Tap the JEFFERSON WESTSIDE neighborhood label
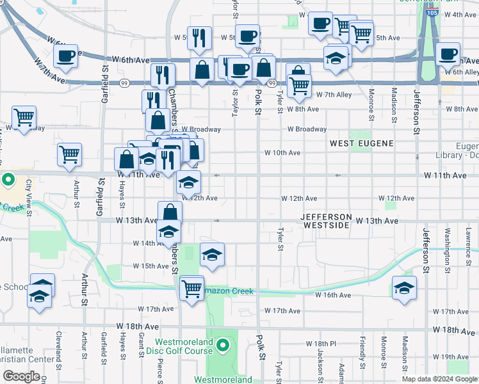326,221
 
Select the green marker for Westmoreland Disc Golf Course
222,347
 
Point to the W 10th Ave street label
282,153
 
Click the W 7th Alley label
334,95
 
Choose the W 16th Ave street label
333,295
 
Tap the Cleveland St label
58,358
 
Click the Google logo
20,376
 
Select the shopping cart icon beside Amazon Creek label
191,288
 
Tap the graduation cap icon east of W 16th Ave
404,288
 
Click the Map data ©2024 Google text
439,379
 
